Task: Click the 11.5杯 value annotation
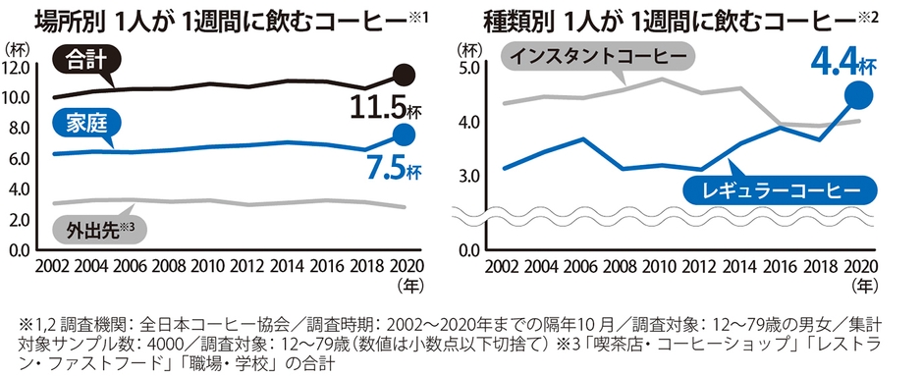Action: point(384,107)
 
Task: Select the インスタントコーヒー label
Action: point(595,56)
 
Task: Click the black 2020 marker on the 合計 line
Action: point(404,75)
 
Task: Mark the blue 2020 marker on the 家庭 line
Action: point(404,134)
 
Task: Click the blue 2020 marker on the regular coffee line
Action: point(858,94)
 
